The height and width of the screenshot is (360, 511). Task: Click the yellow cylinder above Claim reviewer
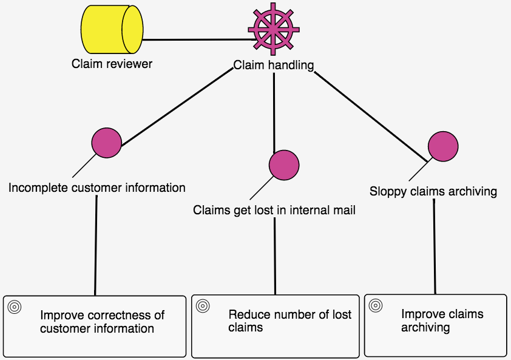pos(112,30)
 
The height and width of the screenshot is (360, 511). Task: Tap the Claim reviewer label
pos(112,64)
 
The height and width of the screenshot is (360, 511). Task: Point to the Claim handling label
pos(274,65)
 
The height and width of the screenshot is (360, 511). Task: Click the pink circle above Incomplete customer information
pos(107,142)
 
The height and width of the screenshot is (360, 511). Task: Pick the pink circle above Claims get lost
pos(284,165)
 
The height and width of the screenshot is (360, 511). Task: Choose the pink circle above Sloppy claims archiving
pos(443,146)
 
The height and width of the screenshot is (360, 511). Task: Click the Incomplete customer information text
pos(97,188)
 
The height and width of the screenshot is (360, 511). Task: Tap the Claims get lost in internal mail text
pos(274,210)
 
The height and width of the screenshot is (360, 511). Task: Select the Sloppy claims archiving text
pos(433,192)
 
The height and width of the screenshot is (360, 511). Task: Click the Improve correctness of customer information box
pos(95,326)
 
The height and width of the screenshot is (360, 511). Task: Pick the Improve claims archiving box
pos(435,325)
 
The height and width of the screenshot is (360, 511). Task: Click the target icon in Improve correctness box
pos(15,307)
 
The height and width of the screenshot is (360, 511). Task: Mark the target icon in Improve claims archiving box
pos(375,305)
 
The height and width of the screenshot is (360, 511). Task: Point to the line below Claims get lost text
pos(275,255)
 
